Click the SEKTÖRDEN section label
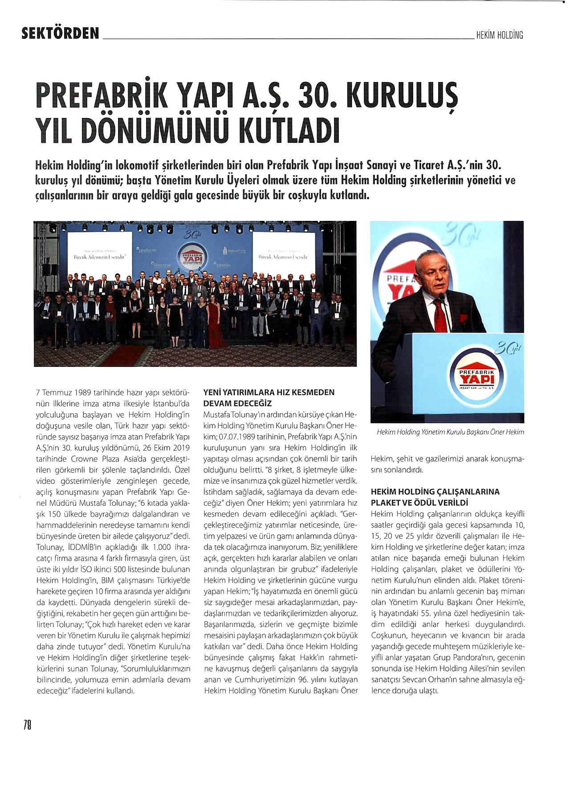(x=61, y=33)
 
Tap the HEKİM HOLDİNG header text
(x=499, y=35)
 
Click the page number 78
(x=27, y=725)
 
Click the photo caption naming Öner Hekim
(x=450, y=432)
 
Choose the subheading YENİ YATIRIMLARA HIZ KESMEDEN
(x=269, y=393)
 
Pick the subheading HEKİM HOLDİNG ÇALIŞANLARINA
(x=435, y=492)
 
